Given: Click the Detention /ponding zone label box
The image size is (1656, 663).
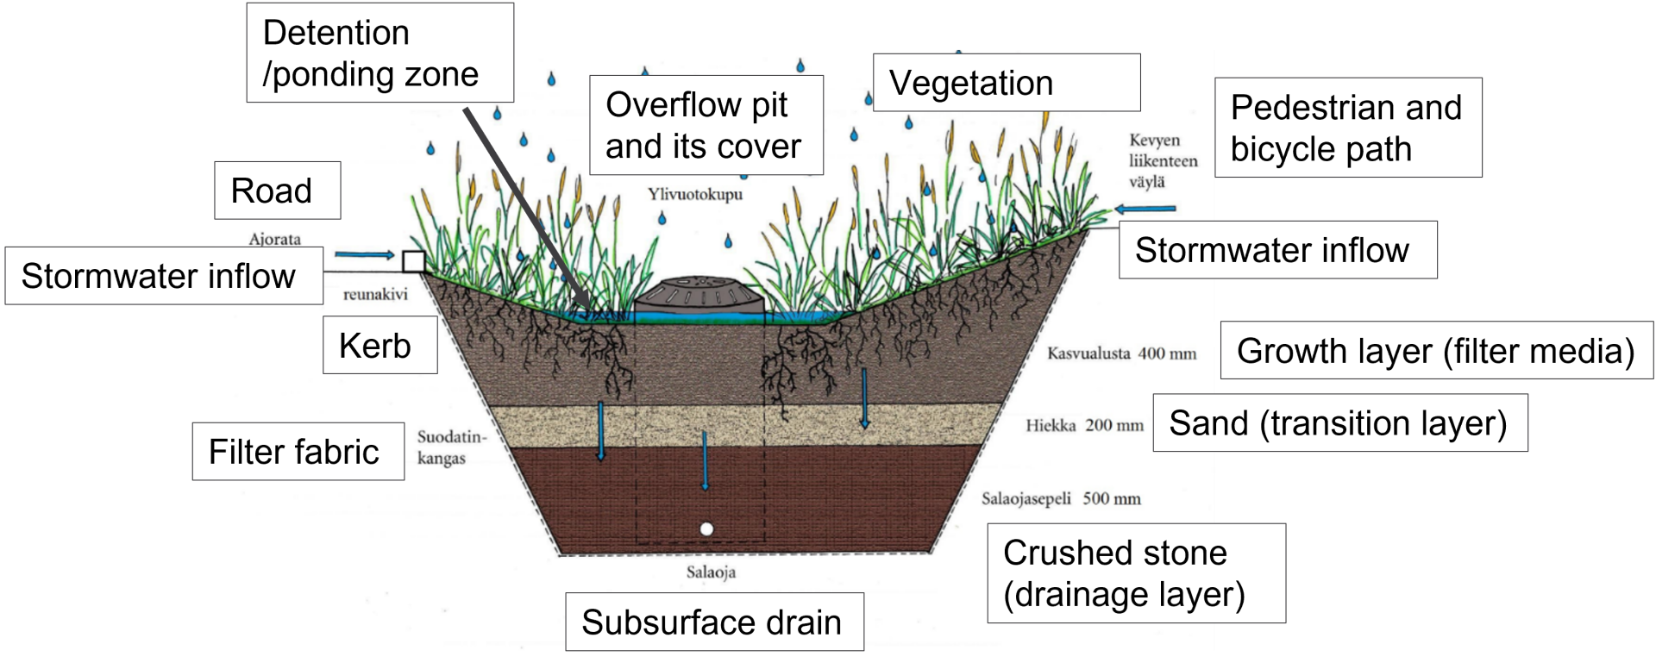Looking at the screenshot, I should tap(379, 53).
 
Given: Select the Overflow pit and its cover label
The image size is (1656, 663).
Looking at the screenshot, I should tap(706, 125).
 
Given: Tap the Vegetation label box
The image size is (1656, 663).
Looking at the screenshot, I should tap(1006, 83).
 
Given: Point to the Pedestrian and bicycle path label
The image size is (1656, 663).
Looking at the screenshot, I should tap(1347, 128).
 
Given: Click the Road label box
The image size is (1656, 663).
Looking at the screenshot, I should tap(277, 191).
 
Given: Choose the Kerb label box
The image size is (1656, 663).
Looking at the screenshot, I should tap(379, 346).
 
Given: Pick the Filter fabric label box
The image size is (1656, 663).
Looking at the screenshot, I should tap(298, 452).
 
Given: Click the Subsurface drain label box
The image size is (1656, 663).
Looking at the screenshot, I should tap(713, 622).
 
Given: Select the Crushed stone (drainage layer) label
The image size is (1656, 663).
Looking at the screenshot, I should tap(1135, 573).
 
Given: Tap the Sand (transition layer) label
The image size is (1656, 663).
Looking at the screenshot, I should tap(1339, 423).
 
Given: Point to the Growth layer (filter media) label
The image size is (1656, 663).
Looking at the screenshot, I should tap(1435, 351).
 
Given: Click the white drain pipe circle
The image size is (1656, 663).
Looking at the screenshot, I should tap(706, 529).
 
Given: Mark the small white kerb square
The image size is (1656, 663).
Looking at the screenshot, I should tap(414, 261).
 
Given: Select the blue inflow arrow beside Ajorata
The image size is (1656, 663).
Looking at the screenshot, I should tap(364, 254).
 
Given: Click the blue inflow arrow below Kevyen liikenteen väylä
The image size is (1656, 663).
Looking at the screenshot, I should tap(1145, 209).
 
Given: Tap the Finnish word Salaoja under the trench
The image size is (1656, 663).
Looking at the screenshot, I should tap(711, 572).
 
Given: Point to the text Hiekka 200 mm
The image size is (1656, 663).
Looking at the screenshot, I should tap(1084, 425).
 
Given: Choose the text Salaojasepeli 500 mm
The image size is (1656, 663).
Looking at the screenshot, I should tap(1061, 498).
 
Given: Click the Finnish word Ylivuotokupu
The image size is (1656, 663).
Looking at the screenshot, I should tap(695, 194).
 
